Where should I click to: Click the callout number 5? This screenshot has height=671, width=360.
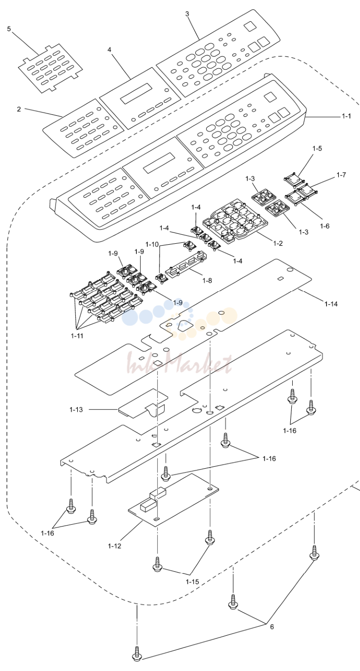pyautogui.click(x=9, y=29)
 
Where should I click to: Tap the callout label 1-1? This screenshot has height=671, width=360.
pyautogui.click(x=346, y=116)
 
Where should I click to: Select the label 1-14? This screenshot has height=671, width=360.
pyautogui.click(x=331, y=304)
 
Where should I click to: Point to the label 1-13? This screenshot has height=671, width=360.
pyautogui.click(x=76, y=409)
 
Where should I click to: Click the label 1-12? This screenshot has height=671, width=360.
pyautogui.click(x=114, y=546)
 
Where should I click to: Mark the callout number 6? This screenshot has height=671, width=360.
pyautogui.click(x=272, y=627)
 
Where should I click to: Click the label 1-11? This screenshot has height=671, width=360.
pyautogui.click(x=77, y=336)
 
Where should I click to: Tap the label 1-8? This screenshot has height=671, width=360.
pyautogui.click(x=207, y=281)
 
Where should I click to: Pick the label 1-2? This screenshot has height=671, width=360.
pyautogui.click(x=278, y=243)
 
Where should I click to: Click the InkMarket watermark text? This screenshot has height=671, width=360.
pyautogui.click(x=180, y=363)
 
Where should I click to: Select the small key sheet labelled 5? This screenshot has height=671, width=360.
pyautogui.click(x=50, y=69)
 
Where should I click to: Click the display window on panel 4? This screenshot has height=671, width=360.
pyautogui.click(x=136, y=94)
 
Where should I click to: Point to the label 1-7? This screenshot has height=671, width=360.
pyautogui.click(x=341, y=175)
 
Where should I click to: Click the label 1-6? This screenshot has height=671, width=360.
pyautogui.click(x=325, y=226)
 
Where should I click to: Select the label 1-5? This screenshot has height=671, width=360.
pyautogui.click(x=317, y=148)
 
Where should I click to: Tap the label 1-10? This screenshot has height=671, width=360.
pyautogui.click(x=152, y=244)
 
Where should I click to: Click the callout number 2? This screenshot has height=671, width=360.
pyautogui.click(x=19, y=109)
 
